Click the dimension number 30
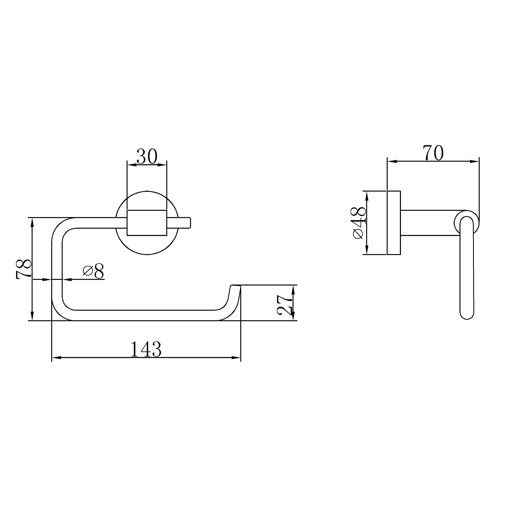[x=147, y=156]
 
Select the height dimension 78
[x=24, y=269]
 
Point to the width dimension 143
[x=146, y=350]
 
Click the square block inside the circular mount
[x=147, y=223]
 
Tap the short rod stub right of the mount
[x=184, y=223]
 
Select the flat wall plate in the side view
[x=394, y=223]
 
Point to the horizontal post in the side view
[x=428, y=223]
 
